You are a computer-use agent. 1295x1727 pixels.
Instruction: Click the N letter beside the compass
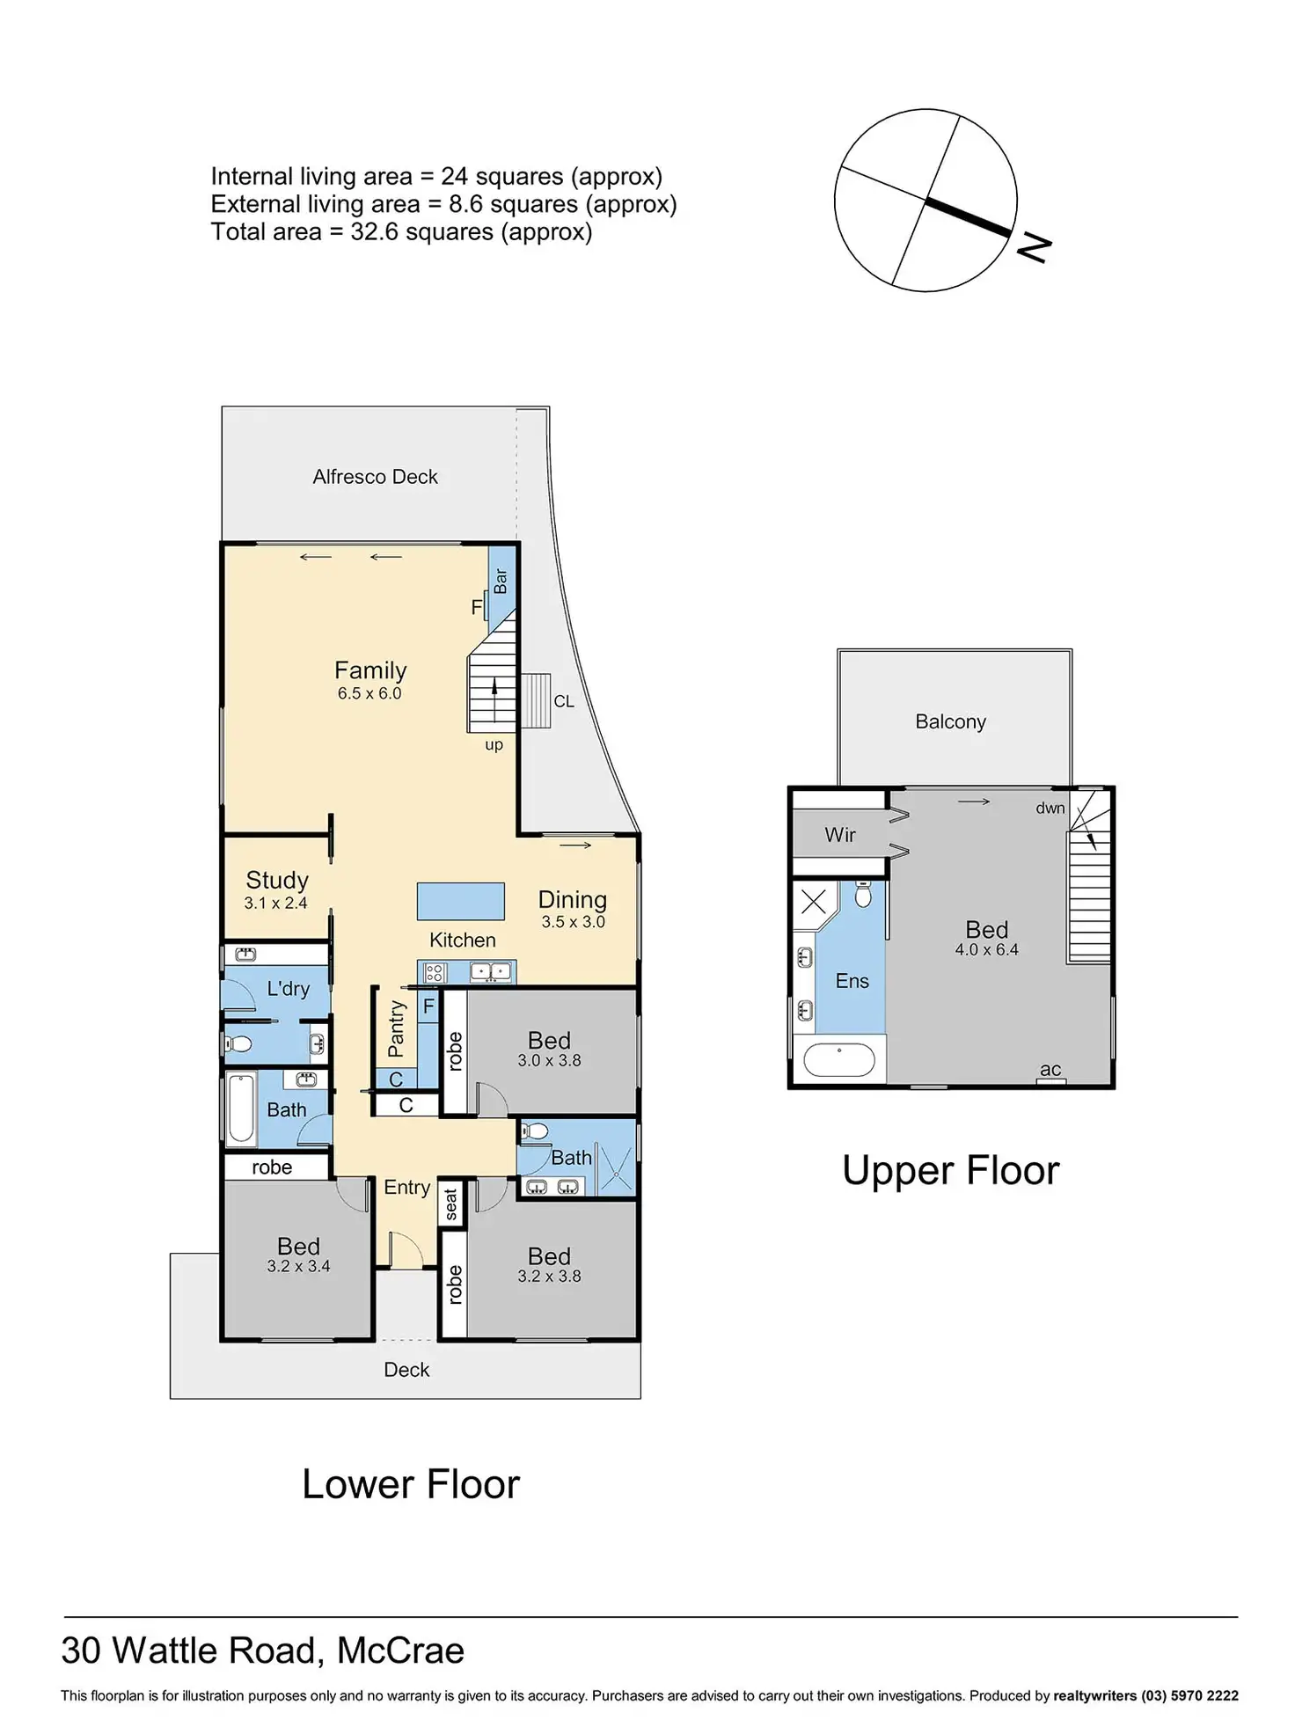point(1035,247)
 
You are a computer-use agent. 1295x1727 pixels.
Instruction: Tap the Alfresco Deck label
point(375,477)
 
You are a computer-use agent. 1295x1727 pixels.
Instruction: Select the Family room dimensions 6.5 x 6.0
point(369,693)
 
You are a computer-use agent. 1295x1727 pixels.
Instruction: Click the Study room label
point(277,880)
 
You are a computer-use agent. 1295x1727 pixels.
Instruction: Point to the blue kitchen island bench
point(460,902)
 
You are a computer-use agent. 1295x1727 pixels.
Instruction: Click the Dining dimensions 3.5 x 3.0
point(573,922)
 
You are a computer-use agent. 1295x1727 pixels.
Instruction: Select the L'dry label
point(288,989)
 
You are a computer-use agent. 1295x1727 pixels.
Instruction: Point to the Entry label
point(406,1187)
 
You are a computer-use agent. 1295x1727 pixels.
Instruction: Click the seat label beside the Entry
point(451,1204)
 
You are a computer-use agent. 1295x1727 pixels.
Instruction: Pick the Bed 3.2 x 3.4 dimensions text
point(298,1266)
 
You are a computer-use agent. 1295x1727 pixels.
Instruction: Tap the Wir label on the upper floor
point(840,835)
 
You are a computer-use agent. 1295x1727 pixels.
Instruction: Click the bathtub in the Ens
point(839,1059)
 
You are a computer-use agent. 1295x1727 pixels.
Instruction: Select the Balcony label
point(950,721)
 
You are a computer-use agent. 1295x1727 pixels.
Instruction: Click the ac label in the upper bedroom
point(1050,1069)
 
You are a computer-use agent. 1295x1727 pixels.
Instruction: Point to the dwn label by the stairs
point(1050,808)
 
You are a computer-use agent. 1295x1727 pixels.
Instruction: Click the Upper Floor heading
point(950,1170)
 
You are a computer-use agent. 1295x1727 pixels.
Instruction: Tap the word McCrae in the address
point(400,1650)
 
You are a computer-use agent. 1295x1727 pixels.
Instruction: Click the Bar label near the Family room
point(501,581)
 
